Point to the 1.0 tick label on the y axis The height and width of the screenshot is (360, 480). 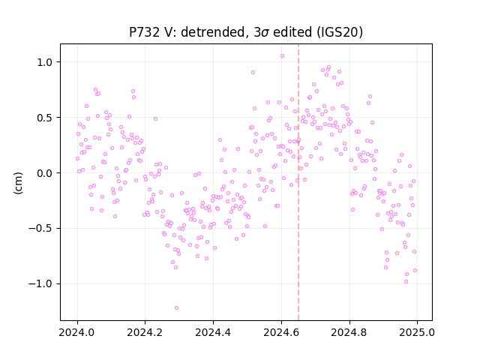(x=46, y=62)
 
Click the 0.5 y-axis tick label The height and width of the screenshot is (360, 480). (x=46, y=118)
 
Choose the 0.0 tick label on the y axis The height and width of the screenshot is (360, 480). (x=46, y=173)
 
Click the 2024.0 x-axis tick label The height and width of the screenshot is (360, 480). (x=77, y=332)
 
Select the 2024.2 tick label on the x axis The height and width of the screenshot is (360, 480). (x=145, y=332)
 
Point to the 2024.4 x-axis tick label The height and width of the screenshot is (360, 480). (x=213, y=332)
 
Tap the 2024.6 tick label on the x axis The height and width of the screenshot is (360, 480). (x=281, y=332)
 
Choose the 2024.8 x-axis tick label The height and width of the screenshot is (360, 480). (x=349, y=332)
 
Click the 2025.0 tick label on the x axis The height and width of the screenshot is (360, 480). (x=417, y=332)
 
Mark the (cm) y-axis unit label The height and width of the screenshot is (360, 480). (x=18, y=183)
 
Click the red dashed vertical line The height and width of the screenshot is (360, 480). (x=298, y=182)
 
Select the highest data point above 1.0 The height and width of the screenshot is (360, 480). (x=282, y=56)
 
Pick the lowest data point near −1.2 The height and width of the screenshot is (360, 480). (x=177, y=308)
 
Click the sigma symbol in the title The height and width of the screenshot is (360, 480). (x=266, y=33)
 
